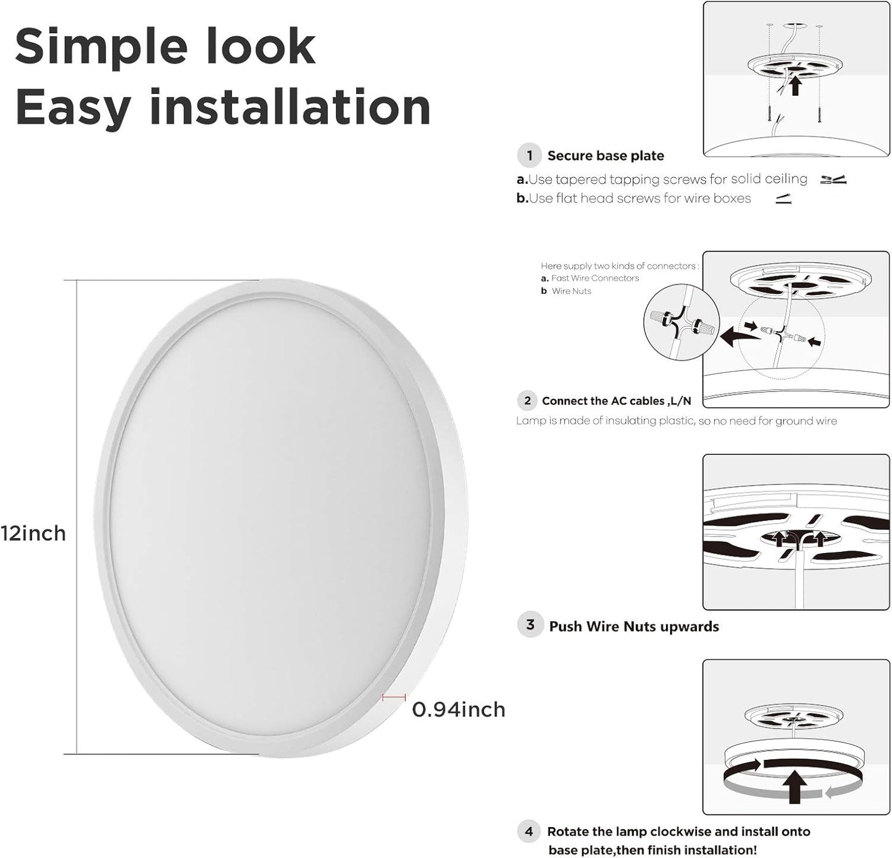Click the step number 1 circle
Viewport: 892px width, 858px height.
coord(530,156)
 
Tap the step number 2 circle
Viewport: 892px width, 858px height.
coord(527,401)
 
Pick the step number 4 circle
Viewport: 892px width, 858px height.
coord(530,831)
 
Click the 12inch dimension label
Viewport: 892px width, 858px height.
coord(33,533)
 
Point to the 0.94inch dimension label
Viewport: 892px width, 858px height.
coord(459,709)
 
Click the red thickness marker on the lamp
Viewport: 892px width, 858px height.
coord(394,698)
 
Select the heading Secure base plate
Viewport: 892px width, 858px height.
coord(606,156)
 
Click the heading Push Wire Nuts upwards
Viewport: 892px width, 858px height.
coord(634,627)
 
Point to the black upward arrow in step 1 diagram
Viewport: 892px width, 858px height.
coord(796,86)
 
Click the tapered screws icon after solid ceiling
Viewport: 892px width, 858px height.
coord(833,180)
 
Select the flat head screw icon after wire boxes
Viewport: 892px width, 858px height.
coord(783,199)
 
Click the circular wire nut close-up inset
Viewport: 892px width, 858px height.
coord(682,322)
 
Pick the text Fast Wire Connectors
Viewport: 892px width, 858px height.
coord(595,278)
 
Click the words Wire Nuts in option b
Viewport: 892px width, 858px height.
coord(572,291)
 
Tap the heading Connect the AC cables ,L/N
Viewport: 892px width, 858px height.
coord(616,401)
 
